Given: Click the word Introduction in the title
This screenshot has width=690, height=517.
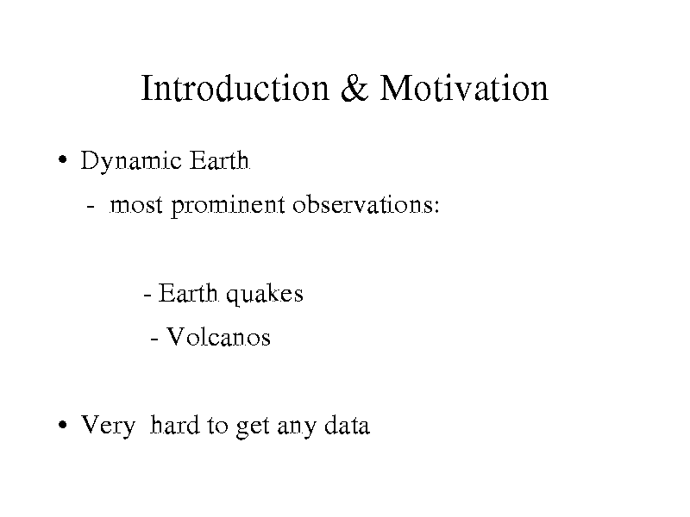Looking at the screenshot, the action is pyautogui.click(x=235, y=89).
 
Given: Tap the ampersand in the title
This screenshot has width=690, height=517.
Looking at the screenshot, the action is pyautogui.click(x=354, y=89).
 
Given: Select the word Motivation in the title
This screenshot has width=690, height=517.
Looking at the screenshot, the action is pyautogui.click(x=464, y=89).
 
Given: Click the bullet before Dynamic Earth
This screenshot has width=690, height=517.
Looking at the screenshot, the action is pyautogui.click(x=63, y=159).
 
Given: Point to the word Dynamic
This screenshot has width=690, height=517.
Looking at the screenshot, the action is pyautogui.click(x=131, y=161).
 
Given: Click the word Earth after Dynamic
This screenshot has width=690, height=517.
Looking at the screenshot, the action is pyautogui.click(x=220, y=160).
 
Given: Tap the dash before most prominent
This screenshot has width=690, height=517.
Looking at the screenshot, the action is pyautogui.click(x=91, y=206).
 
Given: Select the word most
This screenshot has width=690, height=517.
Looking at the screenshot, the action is pyautogui.click(x=136, y=206).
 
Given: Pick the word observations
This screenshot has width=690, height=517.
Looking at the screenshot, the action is pyautogui.click(x=362, y=204).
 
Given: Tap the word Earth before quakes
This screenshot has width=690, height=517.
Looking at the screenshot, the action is pyautogui.click(x=188, y=293).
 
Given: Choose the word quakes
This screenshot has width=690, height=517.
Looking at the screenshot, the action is pyautogui.click(x=265, y=295).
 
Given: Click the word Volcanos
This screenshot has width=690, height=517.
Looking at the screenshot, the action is pyautogui.click(x=218, y=337).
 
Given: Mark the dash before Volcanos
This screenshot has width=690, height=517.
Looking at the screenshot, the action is pyautogui.click(x=154, y=339).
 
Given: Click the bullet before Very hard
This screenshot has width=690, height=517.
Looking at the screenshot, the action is pyautogui.click(x=63, y=425).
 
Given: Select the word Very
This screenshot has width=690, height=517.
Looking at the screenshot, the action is pyautogui.click(x=109, y=426).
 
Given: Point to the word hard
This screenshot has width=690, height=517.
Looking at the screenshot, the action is pyautogui.click(x=175, y=425).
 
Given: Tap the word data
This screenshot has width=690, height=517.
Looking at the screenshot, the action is pyautogui.click(x=348, y=425).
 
